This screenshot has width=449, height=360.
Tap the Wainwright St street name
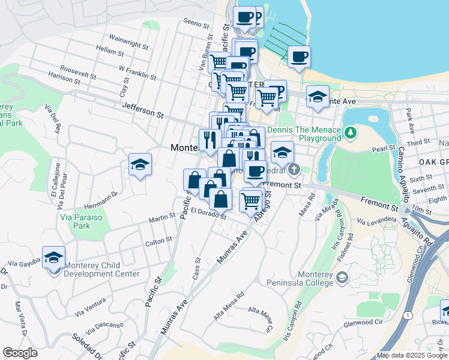pyautogui.click(x=128, y=44)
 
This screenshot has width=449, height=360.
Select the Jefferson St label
pyautogui.click(x=143, y=109)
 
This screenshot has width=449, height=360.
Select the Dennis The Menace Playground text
pyautogui.click(x=304, y=134)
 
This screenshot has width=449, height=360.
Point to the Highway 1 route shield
pyautogui.click(x=409, y=314)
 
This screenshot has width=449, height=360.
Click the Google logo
pyautogui.click(x=20, y=352)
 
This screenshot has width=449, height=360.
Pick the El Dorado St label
pyautogui.click(x=209, y=213)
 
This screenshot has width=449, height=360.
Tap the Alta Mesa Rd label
pyautogui.click(x=229, y=304)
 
